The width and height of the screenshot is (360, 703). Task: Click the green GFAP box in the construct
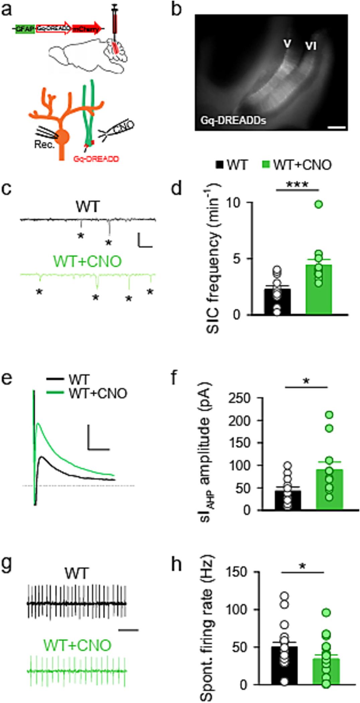click(x=25, y=29)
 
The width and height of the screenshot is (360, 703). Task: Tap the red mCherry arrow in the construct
click(x=86, y=29)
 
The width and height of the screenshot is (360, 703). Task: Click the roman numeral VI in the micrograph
click(x=311, y=46)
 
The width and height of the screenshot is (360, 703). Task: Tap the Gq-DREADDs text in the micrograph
click(x=233, y=120)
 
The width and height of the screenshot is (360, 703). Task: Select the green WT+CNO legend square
click(x=266, y=165)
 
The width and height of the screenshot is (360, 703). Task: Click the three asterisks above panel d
click(x=297, y=185)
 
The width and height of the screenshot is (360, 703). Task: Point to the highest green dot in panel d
click(x=319, y=204)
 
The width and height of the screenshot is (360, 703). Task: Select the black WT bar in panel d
click(x=277, y=301)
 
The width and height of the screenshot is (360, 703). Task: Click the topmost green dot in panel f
click(x=329, y=415)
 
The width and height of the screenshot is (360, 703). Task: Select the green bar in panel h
click(x=326, y=671)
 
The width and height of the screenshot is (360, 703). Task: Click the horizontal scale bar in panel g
click(x=128, y=630)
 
